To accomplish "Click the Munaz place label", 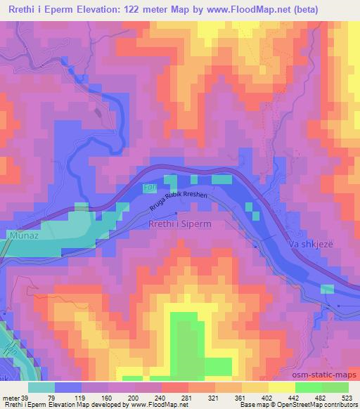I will click(22, 238).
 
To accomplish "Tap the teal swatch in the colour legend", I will click(41, 388).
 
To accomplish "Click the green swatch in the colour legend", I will click(322, 388).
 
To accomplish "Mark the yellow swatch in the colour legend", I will click(282, 388).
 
